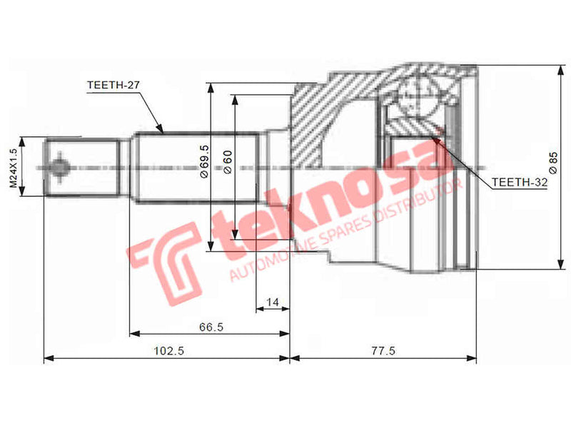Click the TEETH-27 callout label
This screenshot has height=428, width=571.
click(113, 84)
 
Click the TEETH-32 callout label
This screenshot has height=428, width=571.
click(519, 183)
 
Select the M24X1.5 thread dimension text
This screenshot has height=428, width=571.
click(13, 168)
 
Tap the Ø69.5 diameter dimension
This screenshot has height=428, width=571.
click(204, 162)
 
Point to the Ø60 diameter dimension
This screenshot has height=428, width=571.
click(228, 162)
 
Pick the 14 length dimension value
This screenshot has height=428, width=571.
click(271, 302)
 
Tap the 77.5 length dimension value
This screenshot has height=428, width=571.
click(383, 351)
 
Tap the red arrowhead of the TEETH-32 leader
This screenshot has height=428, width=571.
click(438, 139)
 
